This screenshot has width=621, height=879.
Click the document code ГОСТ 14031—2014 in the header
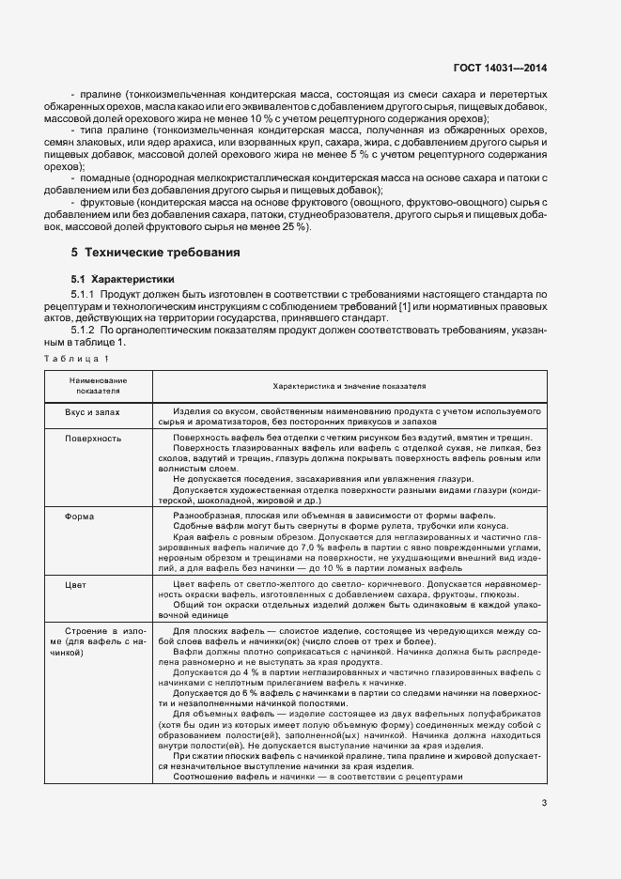[501, 68]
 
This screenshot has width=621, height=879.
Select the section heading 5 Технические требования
[155, 253]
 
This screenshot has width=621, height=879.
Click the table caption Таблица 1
[81, 359]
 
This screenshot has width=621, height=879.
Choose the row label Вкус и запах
[93, 412]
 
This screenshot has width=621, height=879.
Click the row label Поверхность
[93, 438]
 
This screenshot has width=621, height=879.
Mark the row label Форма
[78, 517]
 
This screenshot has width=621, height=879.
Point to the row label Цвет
[76, 584]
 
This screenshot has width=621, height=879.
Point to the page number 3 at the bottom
[544, 802]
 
